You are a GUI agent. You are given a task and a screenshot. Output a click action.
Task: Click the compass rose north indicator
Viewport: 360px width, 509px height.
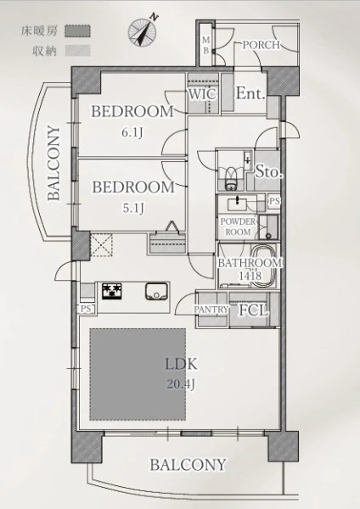pos(143,31)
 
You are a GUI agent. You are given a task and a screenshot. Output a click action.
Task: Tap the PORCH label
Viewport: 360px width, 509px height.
pos(262,45)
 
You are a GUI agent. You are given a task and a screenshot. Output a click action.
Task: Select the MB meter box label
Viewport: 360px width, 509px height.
pos(206,45)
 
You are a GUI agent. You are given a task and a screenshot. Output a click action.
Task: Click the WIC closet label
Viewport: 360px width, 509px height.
pos(202,94)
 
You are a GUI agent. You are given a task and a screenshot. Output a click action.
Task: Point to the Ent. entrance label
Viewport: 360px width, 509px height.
pos(250,93)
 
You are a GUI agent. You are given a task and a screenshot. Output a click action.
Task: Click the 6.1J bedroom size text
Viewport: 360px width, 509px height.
pos(132,132)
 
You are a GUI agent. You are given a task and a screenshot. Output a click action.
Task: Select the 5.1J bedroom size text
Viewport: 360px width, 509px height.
pos(133,208)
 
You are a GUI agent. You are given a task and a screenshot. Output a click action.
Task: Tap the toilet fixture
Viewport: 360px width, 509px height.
pos(231,179)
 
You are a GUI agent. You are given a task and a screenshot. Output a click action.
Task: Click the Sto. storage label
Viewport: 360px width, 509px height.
pos(267,171)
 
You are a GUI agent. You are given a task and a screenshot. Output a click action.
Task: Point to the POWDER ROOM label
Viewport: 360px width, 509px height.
pos(238,227)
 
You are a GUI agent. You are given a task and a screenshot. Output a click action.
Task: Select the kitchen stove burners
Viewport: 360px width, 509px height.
pos(112,291)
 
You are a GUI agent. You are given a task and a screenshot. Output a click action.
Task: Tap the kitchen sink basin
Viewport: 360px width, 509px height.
pos(156,291)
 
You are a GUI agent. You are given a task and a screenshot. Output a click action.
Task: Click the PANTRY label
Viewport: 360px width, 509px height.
pos(211,310)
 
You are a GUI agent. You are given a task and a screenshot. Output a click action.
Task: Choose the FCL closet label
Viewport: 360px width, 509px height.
pos(254,310)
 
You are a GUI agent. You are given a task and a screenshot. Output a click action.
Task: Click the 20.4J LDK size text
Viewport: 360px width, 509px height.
pos(181,384)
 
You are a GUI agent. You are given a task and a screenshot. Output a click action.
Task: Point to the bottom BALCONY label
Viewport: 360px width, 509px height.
pos(188,465)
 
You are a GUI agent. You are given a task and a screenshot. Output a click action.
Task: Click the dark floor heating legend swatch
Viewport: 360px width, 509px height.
pos(77,31)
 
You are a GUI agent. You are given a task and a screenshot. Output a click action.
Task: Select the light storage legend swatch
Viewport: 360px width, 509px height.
pos(77,51)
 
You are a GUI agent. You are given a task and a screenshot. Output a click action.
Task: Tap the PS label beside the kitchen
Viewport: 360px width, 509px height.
pos(86,309)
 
